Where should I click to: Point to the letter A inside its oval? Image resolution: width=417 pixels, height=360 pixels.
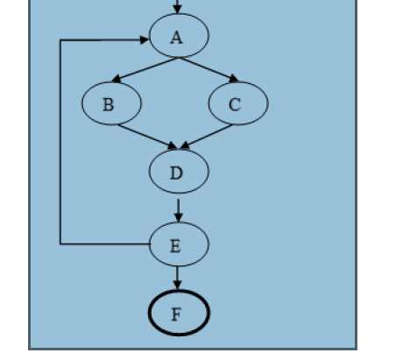178,37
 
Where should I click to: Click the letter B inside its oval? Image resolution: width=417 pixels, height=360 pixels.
108,105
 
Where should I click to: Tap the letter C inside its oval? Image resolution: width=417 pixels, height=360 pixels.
235,105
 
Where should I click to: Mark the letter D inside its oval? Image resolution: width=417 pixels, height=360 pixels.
177,173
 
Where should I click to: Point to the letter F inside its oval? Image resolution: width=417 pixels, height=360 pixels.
176,314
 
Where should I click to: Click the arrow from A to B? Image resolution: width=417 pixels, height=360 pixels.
149,70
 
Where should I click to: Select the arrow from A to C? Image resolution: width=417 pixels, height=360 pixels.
208,70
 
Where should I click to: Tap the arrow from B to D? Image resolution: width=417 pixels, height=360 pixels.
149,137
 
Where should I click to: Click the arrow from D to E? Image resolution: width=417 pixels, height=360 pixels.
179,208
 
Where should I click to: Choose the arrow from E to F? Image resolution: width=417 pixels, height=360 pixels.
179,277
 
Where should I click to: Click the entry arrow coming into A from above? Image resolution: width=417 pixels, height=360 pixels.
178,7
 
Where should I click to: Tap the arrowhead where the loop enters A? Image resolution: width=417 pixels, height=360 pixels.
143,39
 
